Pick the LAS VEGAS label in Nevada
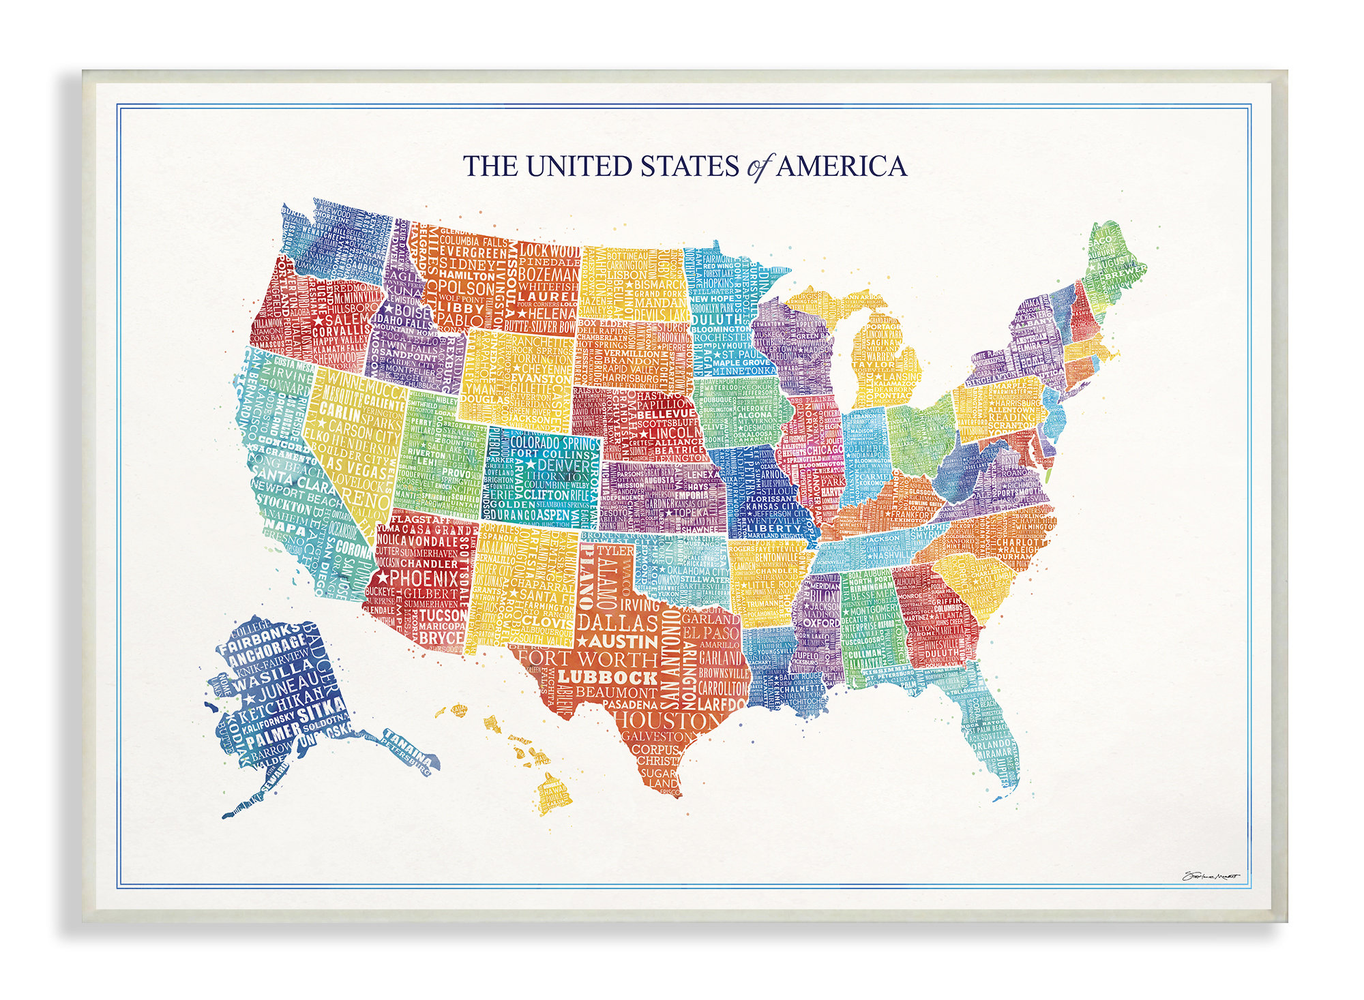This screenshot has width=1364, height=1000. (x=357, y=468)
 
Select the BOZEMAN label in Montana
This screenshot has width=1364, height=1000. (x=548, y=274)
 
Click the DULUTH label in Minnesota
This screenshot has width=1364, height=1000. (x=716, y=319)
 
